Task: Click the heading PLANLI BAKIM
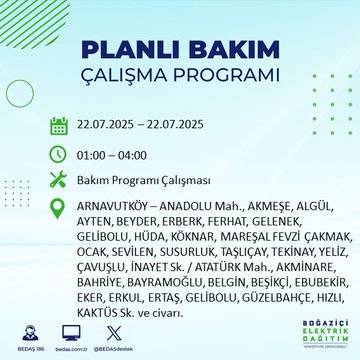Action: [179, 50]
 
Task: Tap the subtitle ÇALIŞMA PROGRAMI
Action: [179, 77]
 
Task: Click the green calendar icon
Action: [59, 126]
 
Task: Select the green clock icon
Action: [59, 155]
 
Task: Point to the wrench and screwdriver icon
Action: [59, 183]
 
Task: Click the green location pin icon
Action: [59, 211]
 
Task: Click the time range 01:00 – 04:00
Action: [112, 155]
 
